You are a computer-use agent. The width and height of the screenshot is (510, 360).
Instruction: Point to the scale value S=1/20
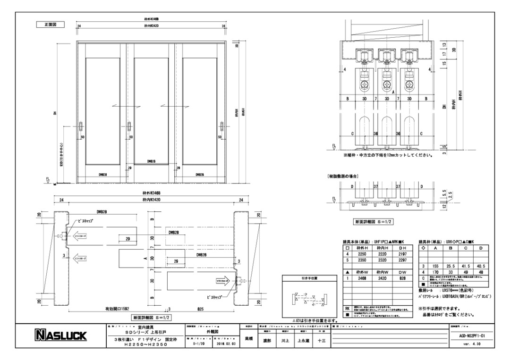click(201, 344)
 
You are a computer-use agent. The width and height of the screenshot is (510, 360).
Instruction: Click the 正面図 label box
click(48, 25)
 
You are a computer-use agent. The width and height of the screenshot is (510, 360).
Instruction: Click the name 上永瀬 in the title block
click(303, 340)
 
